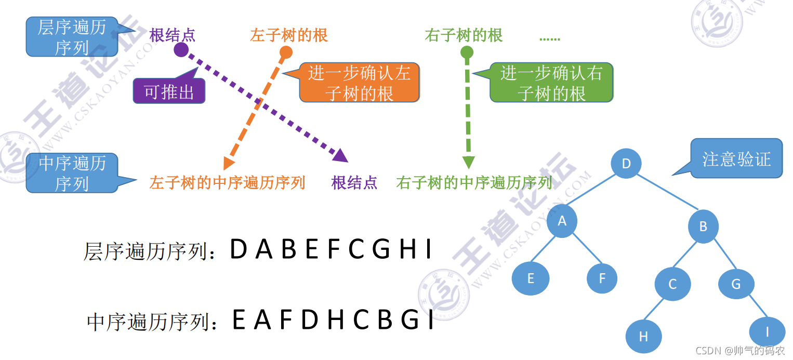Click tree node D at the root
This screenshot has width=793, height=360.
[626, 164]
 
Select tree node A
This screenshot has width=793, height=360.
[562, 221]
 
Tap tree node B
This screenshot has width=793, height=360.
[704, 226]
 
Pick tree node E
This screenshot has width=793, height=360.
[531, 278]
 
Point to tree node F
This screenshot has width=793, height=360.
[602, 278]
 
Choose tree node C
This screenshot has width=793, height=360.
[672, 284]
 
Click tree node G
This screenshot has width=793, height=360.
[736, 284]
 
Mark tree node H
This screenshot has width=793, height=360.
[643, 336]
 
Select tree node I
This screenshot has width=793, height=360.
[768, 332]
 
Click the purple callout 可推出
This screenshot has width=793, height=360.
[169, 92]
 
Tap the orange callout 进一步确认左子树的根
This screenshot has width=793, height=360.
[359, 83]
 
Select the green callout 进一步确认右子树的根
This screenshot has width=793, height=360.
[551, 83]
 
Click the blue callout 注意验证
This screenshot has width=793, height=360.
[736, 159]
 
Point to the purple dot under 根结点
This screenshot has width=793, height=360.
[181, 50]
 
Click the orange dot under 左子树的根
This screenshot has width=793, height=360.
[286, 52]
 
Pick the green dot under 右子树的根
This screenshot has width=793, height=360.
[467, 52]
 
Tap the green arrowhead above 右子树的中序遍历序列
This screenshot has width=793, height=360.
[468, 162]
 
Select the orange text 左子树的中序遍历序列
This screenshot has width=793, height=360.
[227, 183]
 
